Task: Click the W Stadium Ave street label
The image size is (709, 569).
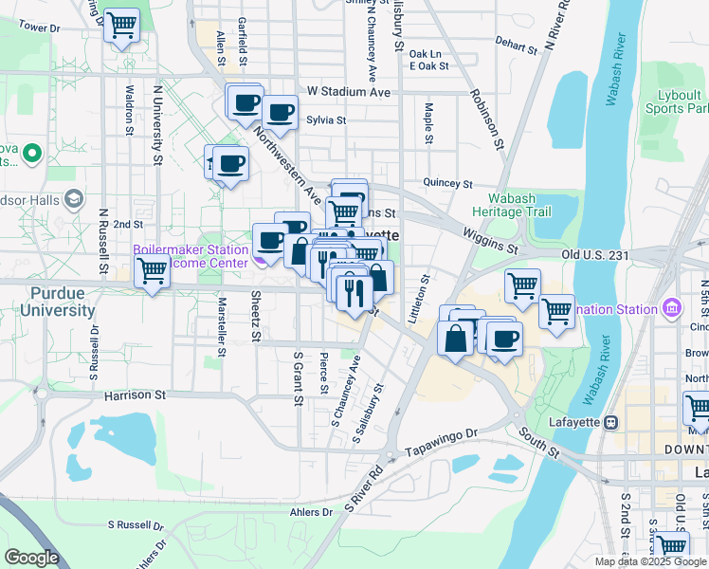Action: click(x=349, y=93)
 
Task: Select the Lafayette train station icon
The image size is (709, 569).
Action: click(x=611, y=422)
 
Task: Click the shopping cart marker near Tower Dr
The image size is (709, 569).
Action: click(x=121, y=26)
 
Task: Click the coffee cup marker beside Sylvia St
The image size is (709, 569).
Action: click(x=281, y=113)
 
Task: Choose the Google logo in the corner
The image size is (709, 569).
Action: click(x=31, y=558)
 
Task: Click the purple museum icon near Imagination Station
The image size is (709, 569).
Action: click(x=672, y=308)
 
